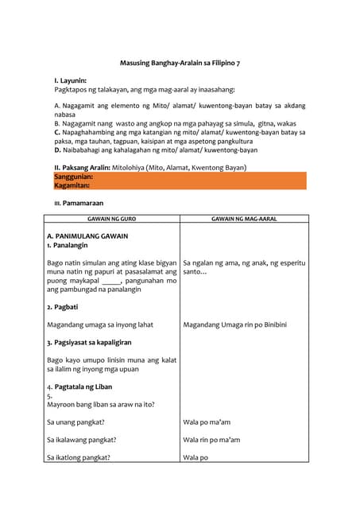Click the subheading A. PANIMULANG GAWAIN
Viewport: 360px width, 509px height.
[87, 236]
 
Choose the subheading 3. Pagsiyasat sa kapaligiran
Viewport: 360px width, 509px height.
[89, 342]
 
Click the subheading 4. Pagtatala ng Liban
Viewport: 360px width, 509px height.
[79, 387]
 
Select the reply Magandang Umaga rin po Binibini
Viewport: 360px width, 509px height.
[234, 324]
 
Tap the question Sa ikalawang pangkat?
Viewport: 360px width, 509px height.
[82, 440]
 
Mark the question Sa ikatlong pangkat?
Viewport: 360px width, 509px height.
[79, 457]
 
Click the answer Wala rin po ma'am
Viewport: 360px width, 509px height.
[211, 440]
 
